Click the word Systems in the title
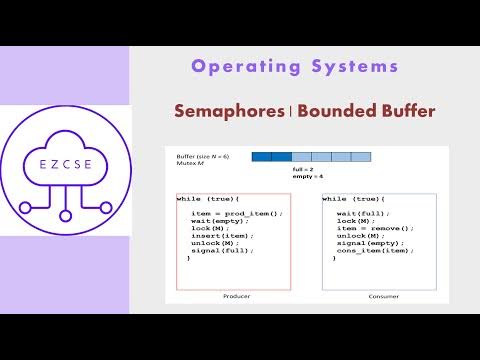pyautogui.click(x=353, y=67)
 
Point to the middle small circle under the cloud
pyautogui.click(x=66, y=221)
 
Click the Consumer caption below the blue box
pyautogui.click(x=379, y=297)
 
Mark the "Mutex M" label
pyautogui.click(x=189, y=163)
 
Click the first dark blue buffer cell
pyautogui.click(x=261, y=156)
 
